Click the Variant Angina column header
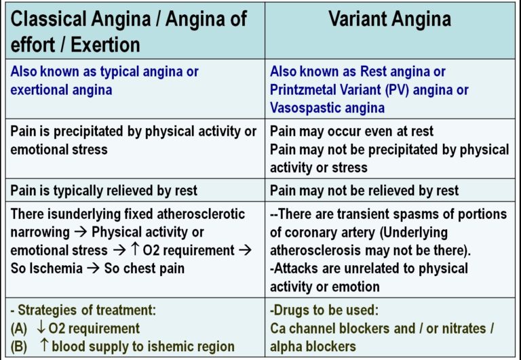click(x=389, y=18)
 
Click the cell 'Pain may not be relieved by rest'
click(x=364, y=191)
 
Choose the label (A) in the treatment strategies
click(x=19, y=328)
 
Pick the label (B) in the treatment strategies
click(x=19, y=346)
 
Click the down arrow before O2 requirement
click(x=42, y=328)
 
